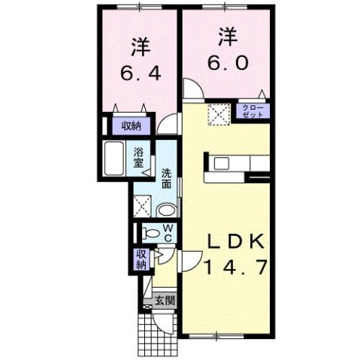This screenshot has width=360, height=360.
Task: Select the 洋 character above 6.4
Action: tap(139, 47)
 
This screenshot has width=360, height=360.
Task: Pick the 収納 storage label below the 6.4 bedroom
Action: tap(132, 126)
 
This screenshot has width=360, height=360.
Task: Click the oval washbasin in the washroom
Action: tap(168, 208)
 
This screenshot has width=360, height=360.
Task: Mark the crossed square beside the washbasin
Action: tap(143, 204)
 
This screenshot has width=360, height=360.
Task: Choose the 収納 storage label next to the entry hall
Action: tap(141, 259)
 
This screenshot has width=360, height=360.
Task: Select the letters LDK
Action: tap(234, 242)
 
